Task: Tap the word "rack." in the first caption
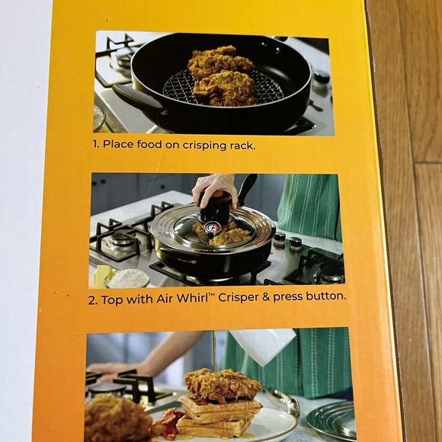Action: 242,146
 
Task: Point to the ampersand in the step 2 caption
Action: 265,297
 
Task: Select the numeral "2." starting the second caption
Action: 93,300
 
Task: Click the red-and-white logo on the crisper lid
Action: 212,227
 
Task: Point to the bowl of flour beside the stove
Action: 127,277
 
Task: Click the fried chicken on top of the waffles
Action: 223,385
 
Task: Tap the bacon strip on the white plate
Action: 168,422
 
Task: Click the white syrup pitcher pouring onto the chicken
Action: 262,345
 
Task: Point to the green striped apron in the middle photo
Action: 310,207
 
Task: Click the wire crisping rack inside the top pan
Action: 223,88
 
